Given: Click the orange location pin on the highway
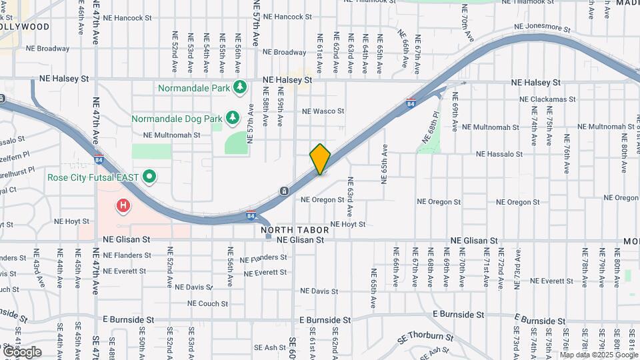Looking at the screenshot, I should click(x=320, y=159).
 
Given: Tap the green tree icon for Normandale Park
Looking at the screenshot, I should click(x=240, y=87).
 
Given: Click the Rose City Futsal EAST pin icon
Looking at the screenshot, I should click(x=150, y=177).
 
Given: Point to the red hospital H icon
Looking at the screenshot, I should click(x=123, y=207).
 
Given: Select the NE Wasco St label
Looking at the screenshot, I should click(x=323, y=111).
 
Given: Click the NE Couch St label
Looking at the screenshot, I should click(x=208, y=303).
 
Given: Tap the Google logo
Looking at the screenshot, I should click(x=22, y=351).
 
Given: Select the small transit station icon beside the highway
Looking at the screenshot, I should click(x=285, y=191).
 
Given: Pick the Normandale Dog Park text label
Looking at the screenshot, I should click(x=177, y=119).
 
